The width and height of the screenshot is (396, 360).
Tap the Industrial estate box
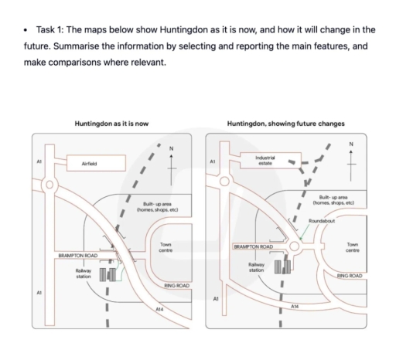(x=265, y=161)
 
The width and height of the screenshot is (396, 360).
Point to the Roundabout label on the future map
(x=321, y=221)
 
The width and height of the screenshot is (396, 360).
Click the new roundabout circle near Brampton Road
(x=294, y=247)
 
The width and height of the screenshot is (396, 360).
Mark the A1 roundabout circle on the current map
(x=49, y=185)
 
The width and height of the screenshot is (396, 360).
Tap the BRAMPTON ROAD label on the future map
(x=254, y=246)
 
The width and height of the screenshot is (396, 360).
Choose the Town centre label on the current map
(x=165, y=247)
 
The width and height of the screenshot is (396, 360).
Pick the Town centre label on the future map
(x=352, y=247)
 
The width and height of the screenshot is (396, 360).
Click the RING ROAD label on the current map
(x=177, y=286)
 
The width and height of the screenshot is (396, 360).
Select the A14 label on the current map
(x=159, y=309)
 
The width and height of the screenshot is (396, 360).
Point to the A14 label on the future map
(x=295, y=307)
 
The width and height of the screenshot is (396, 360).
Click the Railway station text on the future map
(x=257, y=267)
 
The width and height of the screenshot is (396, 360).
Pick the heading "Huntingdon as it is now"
(x=111, y=123)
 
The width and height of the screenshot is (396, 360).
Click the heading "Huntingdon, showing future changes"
(x=286, y=123)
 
